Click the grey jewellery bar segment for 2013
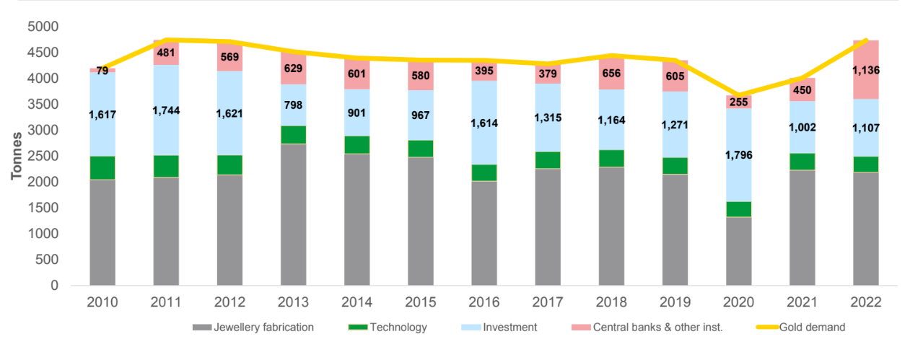[293, 214]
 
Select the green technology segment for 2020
[738, 209]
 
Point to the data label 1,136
[865, 71]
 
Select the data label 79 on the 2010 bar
[102, 70]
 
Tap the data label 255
[738, 102]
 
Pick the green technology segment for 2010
[102, 167]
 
